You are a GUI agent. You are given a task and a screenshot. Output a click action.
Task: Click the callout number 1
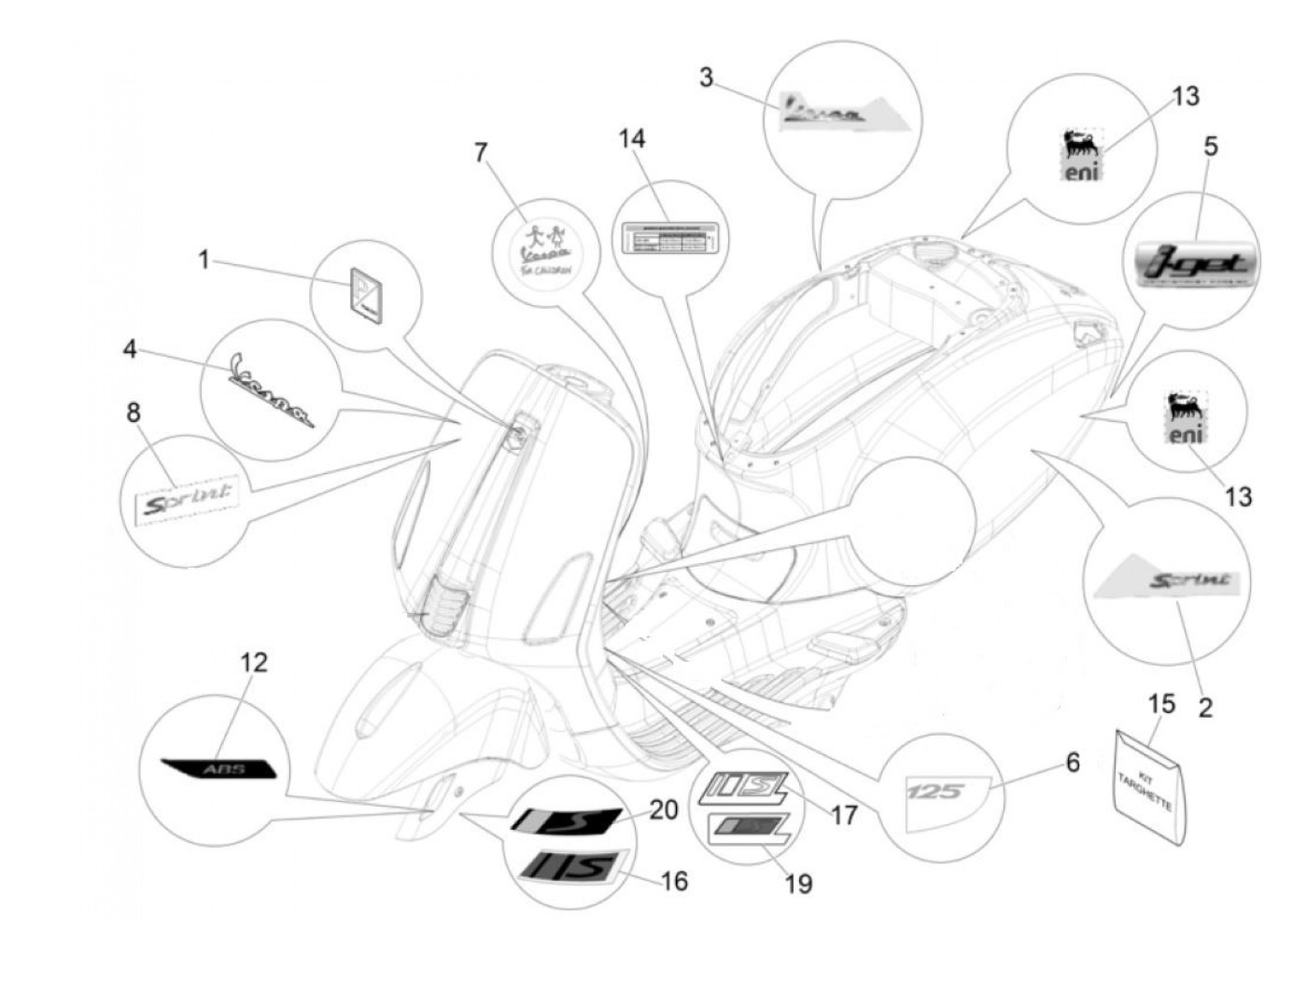pos(204,260)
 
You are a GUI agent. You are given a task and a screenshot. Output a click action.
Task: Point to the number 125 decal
pos(936,793)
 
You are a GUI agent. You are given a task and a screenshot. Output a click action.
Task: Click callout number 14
pos(632,139)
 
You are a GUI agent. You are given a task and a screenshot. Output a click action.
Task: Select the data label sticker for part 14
pos(670,238)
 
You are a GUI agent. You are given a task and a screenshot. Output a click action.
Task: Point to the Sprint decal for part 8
pos(186,504)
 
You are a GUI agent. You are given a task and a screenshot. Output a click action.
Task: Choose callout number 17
pos(844,816)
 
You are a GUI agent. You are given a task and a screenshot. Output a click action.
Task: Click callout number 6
pos(1073,763)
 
